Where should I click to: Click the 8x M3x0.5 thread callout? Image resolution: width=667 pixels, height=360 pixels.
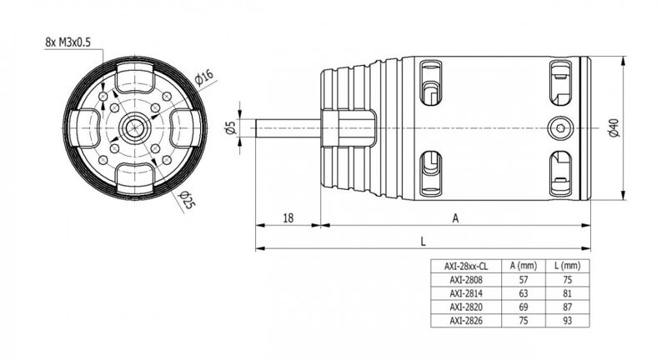pos(68,42)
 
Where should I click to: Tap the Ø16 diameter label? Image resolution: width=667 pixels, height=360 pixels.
pos(204,77)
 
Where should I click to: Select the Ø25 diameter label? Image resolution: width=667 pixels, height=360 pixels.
pos(187,200)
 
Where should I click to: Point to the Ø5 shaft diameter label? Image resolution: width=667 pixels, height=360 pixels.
pos(231,128)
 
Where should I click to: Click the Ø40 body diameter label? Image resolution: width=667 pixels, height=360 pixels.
pos(614,127)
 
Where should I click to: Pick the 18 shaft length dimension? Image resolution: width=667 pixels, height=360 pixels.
pos(288,218)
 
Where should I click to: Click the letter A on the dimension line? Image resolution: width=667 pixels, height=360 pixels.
pos(455,218)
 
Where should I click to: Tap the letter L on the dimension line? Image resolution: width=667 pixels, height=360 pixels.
pos(423,242)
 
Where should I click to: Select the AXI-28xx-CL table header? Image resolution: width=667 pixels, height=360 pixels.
pos(466,267)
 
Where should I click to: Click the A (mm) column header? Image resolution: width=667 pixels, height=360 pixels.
pos(524,266)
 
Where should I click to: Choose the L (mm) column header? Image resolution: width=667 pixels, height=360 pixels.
pos(568,266)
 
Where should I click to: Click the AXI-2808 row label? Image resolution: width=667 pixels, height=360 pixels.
pos(466,280)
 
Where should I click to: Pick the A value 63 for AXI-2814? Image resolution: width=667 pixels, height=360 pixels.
pos(524,293)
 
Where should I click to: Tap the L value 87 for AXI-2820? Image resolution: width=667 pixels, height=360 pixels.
pos(568,307)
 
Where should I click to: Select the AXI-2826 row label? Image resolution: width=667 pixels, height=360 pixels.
pos(466,321)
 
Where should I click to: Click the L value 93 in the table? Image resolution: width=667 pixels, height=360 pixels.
pos(568,321)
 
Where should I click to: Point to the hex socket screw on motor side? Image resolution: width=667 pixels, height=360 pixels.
pos(559,127)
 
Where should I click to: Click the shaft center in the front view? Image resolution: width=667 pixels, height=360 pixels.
pos(135,127)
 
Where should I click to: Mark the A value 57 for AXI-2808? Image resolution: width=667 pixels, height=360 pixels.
pos(524,280)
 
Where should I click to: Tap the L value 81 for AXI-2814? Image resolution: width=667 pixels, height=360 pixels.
pos(568,293)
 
